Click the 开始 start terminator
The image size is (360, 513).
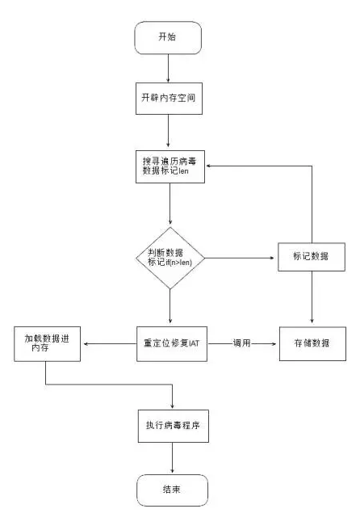click(x=168, y=38)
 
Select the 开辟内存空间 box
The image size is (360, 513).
click(x=169, y=98)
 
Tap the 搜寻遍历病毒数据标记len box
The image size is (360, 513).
click(x=170, y=166)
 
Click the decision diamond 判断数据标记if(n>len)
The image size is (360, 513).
click(x=170, y=259)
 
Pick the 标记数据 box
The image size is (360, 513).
click(x=312, y=257)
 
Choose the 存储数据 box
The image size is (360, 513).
click(x=312, y=343)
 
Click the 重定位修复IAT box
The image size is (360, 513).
click(x=172, y=344)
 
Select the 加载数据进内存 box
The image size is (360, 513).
click(x=47, y=344)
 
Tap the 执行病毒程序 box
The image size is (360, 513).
click(x=173, y=426)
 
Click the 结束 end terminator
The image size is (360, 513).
click(x=172, y=490)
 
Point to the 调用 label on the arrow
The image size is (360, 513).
click(x=241, y=343)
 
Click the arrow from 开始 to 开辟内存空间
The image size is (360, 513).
click(x=168, y=69)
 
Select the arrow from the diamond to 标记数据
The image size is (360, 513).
click(x=240, y=259)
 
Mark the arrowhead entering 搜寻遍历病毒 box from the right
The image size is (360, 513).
click(x=208, y=166)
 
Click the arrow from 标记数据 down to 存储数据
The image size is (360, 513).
click(x=312, y=297)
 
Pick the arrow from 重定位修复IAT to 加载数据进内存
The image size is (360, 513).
click(x=110, y=344)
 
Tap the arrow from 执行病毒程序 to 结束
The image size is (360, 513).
click(x=172, y=458)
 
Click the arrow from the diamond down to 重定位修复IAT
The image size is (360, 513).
click(x=170, y=306)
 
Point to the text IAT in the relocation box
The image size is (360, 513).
click(x=194, y=343)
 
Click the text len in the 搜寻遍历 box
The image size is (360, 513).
click(x=183, y=170)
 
